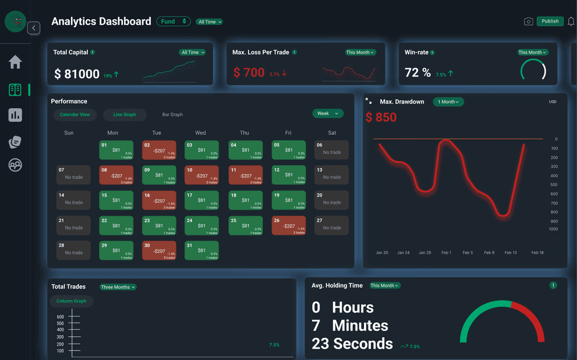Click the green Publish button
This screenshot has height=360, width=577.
point(550,21)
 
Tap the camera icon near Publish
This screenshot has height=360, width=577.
point(529,21)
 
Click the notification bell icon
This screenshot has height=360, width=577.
point(571,21)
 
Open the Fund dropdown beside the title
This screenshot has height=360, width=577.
point(174,21)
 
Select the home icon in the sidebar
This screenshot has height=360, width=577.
point(15,62)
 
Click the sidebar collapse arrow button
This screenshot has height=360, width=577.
point(34,28)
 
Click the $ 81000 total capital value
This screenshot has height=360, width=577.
point(77,74)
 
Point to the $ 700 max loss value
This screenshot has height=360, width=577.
point(248,73)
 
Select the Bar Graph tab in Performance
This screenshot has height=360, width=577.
point(172,114)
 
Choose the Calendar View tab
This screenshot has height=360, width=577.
point(75,114)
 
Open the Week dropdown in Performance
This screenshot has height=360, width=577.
point(328,113)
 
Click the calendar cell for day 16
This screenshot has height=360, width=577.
point(159,200)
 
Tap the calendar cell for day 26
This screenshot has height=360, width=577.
point(288,225)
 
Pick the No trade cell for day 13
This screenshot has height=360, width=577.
point(332,175)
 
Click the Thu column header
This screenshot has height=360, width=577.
point(244,133)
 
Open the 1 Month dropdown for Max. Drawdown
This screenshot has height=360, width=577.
point(448,102)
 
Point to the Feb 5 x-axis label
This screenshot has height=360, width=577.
point(468,252)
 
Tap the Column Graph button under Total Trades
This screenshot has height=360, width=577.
point(72,301)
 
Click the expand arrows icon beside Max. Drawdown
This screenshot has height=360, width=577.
point(369,101)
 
